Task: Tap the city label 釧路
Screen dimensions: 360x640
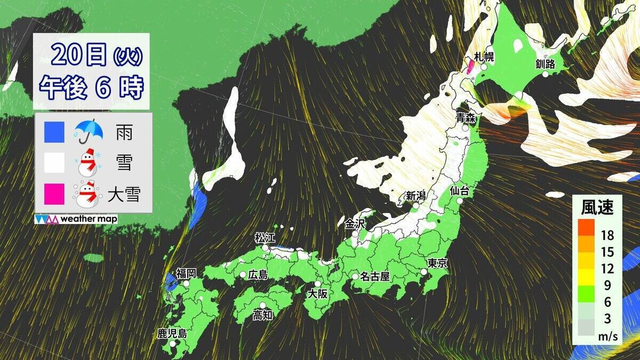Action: point(546,64)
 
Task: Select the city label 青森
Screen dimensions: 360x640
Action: point(465,117)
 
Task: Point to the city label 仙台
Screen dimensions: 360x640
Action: point(460,189)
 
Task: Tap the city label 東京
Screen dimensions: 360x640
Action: point(437,262)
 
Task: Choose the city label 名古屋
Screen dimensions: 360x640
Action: point(374,276)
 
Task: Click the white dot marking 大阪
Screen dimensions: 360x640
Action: point(318,284)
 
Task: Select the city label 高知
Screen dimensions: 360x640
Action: point(263,315)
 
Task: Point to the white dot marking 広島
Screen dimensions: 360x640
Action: point(243,275)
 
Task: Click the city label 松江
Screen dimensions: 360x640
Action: point(265,237)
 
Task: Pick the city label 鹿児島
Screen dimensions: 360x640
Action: point(172,334)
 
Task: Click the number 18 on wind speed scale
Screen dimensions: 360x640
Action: point(606,236)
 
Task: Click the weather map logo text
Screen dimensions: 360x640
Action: point(89,219)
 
